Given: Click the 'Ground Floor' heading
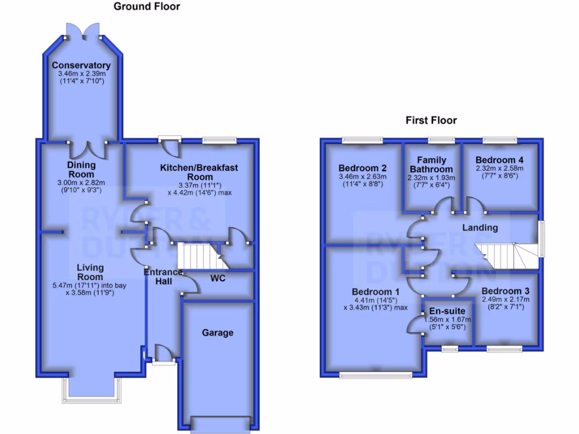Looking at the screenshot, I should [x=147, y=7].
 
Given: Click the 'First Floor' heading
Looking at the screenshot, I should [x=431, y=120].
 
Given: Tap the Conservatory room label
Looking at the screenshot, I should [x=84, y=66].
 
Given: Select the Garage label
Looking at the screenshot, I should [x=218, y=333].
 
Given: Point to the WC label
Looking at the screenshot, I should [x=219, y=279].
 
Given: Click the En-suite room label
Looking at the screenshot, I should [x=447, y=311].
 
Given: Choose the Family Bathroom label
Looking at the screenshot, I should [x=431, y=164].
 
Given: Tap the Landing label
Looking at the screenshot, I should [x=480, y=228].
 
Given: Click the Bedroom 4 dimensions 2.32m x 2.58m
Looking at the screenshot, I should [x=499, y=168].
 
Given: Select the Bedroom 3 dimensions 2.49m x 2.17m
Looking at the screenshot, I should [x=505, y=300].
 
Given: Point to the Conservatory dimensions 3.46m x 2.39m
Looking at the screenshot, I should [x=84, y=74].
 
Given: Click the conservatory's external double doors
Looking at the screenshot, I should [x=84, y=32].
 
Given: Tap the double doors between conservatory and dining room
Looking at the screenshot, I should [x=88, y=149].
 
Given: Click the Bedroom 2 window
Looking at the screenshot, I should [x=362, y=140].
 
